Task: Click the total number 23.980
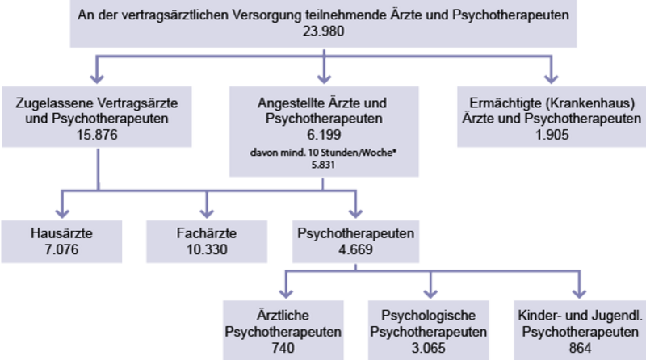324,31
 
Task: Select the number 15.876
97,135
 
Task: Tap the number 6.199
324,135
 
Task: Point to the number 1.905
552,135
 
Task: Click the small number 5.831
323,165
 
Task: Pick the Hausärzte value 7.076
62,249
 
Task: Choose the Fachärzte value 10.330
207,249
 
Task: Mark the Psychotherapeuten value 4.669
355,249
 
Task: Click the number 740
283,348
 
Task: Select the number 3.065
429,348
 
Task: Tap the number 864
580,348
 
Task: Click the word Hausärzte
62,233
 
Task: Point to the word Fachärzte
207,233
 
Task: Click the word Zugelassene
49,103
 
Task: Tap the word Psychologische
429,316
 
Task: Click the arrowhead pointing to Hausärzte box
62,213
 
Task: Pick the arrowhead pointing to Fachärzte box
207,213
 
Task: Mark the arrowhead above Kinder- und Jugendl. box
579,293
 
